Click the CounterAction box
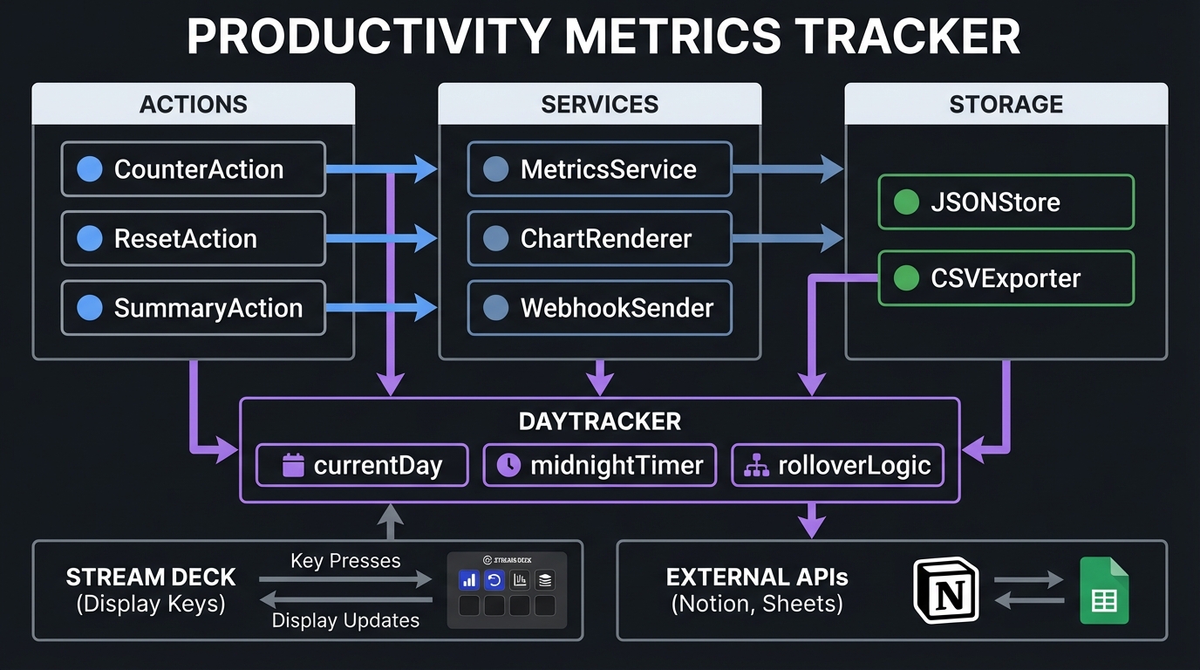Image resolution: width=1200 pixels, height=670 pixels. coord(193,169)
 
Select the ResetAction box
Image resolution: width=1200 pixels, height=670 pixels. coord(193,238)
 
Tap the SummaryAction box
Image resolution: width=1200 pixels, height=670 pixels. coord(193,308)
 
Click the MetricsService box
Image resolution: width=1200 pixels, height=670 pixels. coord(599,169)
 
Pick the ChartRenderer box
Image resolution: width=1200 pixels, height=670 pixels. coord(599,238)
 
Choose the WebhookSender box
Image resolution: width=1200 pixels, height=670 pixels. coord(599,308)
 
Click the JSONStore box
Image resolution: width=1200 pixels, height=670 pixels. coord(1006,202)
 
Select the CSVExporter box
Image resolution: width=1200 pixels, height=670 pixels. coord(1006,278)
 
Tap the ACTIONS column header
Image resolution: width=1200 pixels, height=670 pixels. coord(193,104)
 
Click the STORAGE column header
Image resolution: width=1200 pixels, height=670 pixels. coord(1006,104)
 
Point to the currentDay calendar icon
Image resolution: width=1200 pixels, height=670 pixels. coord(293,465)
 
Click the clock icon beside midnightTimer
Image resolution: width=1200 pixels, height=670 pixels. coord(508,465)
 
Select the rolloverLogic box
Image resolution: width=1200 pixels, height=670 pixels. coord(836,465)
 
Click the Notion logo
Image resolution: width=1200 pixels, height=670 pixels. coord(945,591)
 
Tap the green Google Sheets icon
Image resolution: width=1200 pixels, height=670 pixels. coord(1104,591)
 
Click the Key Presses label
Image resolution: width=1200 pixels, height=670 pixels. coord(345,561)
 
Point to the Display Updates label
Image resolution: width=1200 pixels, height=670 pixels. coord(345,620)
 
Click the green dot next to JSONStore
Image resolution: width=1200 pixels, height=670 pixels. coord(907,202)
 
